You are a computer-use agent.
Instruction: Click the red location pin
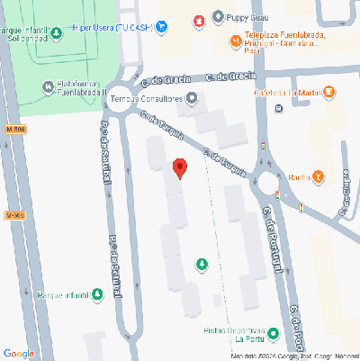coord(179,167)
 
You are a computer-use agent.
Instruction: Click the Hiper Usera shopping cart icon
coord(161,26)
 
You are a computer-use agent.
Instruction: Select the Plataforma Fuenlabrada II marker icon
coord(49,86)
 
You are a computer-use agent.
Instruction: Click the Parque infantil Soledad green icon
coord(57,34)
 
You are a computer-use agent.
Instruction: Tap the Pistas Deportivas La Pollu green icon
coord(273,333)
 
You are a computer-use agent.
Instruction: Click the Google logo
coord(19,353)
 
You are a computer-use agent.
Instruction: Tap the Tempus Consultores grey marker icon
coord(190,98)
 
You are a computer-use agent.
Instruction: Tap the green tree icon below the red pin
coord(202,264)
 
